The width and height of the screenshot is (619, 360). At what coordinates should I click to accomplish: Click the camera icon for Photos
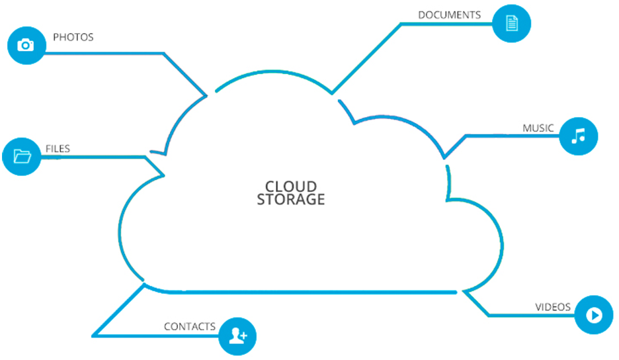click(x=26, y=45)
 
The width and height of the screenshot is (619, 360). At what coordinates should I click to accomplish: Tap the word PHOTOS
click(x=73, y=37)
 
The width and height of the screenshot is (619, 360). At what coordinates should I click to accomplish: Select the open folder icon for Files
click(x=22, y=156)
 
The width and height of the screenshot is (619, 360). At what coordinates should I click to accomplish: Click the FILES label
click(x=58, y=149)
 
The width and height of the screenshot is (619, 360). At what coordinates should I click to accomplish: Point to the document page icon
click(x=512, y=23)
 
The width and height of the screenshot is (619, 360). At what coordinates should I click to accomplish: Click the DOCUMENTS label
click(x=449, y=15)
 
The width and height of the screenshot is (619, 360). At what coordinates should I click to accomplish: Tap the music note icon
click(x=579, y=136)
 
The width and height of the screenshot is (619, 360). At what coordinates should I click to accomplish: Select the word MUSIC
click(x=538, y=128)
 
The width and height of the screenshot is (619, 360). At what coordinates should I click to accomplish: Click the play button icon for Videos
click(x=594, y=315)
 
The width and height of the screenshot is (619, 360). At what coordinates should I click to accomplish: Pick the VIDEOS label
click(x=553, y=307)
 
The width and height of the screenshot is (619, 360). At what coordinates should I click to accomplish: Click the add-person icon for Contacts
click(x=238, y=336)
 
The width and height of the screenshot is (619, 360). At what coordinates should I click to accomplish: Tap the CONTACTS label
click(x=190, y=326)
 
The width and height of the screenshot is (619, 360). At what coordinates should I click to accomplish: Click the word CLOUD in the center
click(x=291, y=186)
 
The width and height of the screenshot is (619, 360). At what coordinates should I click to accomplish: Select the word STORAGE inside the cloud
click(x=291, y=199)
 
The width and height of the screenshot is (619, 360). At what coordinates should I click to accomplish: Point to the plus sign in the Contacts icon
click(x=243, y=336)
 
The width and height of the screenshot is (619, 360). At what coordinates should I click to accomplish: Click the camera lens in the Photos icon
click(x=26, y=46)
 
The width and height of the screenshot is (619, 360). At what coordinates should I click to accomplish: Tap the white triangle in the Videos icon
click(x=595, y=315)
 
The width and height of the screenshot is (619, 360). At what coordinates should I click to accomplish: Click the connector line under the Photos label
click(x=103, y=53)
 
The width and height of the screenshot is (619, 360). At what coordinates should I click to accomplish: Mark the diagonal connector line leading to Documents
click(x=366, y=58)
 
